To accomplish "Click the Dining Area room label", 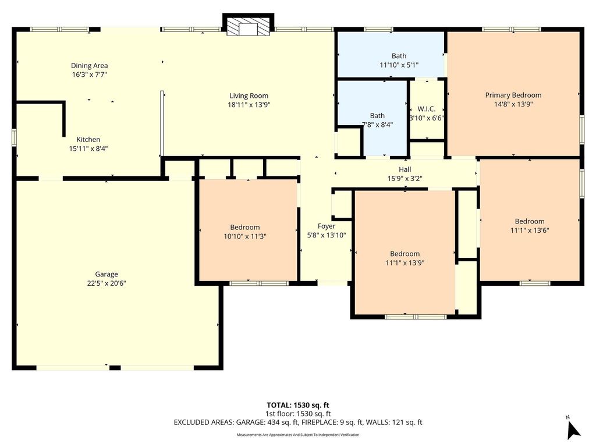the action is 89,66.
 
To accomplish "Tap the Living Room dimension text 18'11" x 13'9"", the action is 249,105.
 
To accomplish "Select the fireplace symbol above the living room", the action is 248,25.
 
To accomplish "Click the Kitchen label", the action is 88,140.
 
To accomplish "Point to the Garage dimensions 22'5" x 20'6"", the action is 107,283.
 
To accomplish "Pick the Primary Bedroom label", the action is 513,95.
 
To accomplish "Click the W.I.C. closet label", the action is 427,109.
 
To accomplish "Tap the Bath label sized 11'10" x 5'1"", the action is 399,56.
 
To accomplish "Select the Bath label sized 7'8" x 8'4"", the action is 377,116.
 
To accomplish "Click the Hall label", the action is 405,169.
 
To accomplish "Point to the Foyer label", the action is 327,226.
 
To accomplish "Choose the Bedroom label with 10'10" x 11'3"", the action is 245,228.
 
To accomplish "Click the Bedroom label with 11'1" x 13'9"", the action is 405,254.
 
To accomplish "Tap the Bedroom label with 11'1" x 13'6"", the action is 530,221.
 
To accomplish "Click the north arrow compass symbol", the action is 573,429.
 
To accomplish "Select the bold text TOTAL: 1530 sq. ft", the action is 297,405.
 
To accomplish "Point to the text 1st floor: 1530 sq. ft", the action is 297,414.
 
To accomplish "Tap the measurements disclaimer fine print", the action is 297,435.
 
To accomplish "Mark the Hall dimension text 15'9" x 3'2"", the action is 405,178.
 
